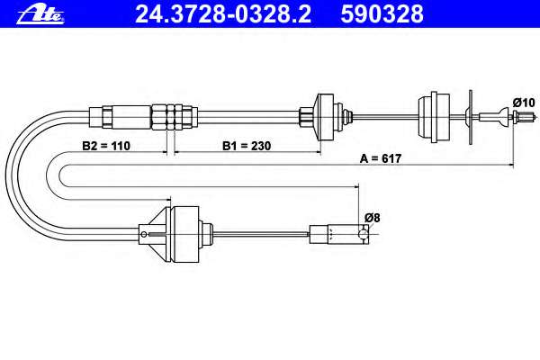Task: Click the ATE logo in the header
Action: pyautogui.click(x=40, y=15)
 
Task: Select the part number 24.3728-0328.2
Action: pyautogui.click(x=223, y=14)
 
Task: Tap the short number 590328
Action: pyautogui.click(x=382, y=14)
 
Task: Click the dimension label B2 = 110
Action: pyautogui.click(x=106, y=146)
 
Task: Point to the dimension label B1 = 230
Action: pyautogui.click(x=247, y=146)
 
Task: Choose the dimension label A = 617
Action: pyautogui.click(x=381, y=158)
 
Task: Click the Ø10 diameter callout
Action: pyautogui.click(x=524, y=103)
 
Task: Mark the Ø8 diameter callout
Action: pyautogui.click(x=373, y=218)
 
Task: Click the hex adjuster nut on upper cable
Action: pyautogui.click(x=175, y=117)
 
